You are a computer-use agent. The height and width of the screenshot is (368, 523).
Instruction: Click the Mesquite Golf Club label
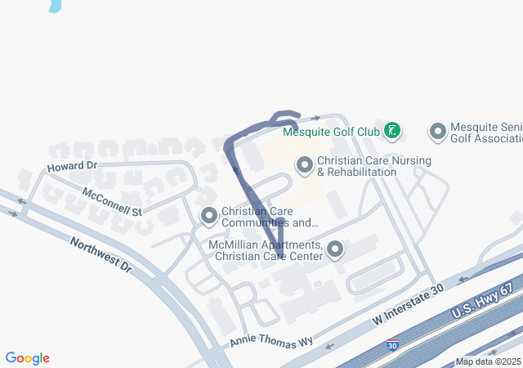pyautogui.click(x=331, y=131)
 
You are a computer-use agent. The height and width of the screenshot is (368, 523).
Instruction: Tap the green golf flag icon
pyautogui.click(x=393, y=130)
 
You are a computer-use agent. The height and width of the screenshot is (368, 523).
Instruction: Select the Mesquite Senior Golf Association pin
pyautogui.click(x=438, y=131)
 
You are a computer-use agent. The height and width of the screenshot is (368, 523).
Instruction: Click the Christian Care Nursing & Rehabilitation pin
pyautogui.click(x=305, y=166)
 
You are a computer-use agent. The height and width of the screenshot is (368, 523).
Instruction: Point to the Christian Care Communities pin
pyautogui.click(x=209, y=216)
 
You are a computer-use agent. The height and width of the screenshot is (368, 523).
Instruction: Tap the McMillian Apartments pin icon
pyautogui.click(x=335, y=249)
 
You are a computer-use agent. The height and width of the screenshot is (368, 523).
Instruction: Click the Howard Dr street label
pyautogui.click(x=72, y=166)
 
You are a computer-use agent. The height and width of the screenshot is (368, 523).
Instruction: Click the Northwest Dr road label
pyautogui.click(x=101, y=254)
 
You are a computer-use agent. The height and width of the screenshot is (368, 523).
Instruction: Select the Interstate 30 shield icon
pyautogui.click(x=393, y=347)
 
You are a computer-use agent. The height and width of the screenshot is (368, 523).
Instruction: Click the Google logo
pyautogui.click(x=28, y=358)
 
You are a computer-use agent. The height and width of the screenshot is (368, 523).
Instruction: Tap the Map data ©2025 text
pyautogui.click(x=488, y=361)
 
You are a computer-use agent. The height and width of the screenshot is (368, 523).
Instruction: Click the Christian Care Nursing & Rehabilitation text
pyautogui.click(x=373, y=167)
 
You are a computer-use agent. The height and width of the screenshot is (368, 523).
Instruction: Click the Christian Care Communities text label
pyautogui.click(x=270, y=217)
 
